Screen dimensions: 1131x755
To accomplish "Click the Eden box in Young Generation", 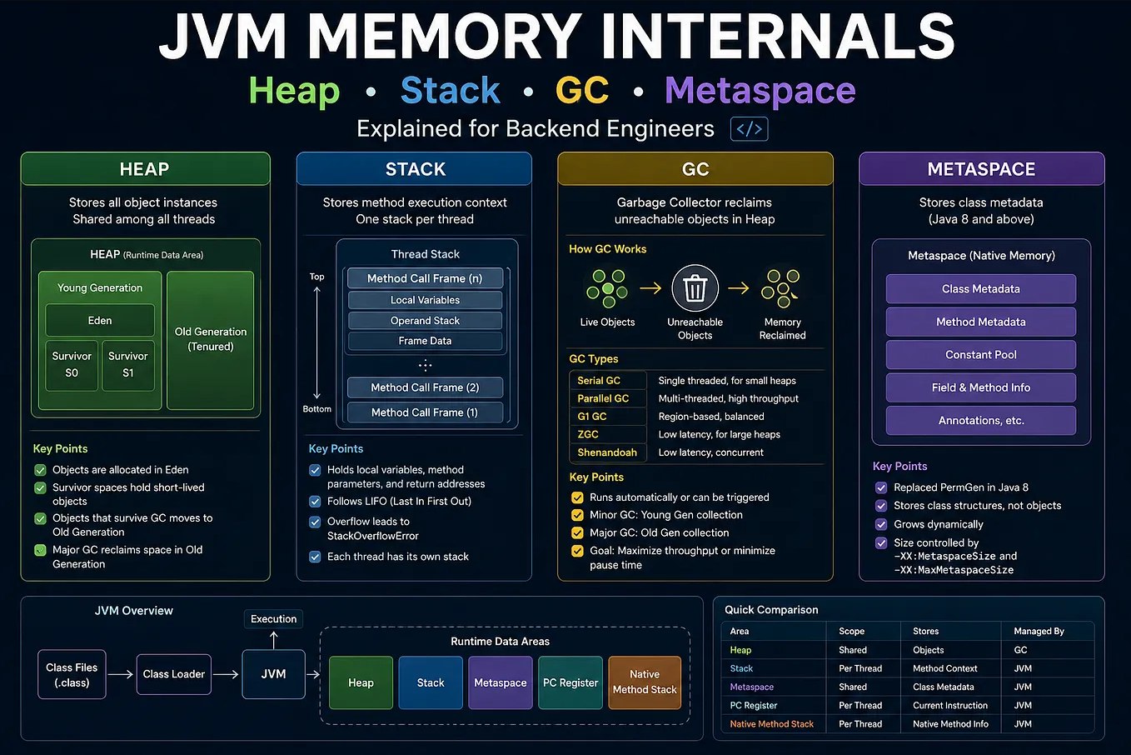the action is tap(100, 320).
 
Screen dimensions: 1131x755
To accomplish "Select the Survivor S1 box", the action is tap(128, 365).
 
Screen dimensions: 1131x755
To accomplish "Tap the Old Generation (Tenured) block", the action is tap(211, 340).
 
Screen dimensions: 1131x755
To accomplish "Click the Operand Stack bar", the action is tap(425, 320).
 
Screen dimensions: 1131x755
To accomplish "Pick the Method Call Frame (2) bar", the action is tap(425, 387).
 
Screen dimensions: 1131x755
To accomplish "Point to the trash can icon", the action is tap(695, 288).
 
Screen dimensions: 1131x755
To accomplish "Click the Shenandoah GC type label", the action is tap(607, 452).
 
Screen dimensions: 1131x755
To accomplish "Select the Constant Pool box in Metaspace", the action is tap(980, 355).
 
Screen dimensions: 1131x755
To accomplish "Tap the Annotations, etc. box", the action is tap(980, 421).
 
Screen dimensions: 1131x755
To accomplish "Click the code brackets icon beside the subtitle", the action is tap(750, 129).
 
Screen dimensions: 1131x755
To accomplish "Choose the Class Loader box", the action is tap(174, 674).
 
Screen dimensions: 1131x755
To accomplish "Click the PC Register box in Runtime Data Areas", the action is tap(570, 682).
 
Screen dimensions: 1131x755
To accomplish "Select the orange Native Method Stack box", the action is tap(645, 682).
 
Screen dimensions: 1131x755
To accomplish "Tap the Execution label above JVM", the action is tap(274, 618).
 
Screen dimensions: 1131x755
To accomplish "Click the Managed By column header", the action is tap(1039, 631).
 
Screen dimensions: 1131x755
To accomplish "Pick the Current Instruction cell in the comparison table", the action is tap(949, 705).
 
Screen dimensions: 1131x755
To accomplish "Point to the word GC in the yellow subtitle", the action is tap(582, 90).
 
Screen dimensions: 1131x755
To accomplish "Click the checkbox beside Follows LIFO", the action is tap(315, 502).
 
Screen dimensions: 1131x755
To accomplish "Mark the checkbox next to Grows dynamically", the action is tap(881, 524).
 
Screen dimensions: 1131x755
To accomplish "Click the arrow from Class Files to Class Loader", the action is tap(120, 674).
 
